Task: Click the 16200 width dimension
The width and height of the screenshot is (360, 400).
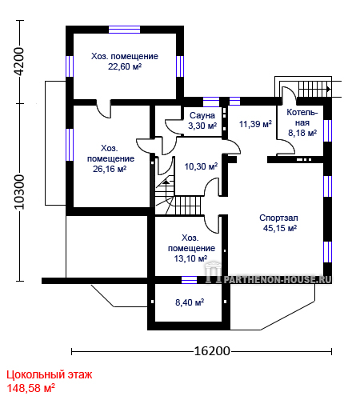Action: click(212, 351)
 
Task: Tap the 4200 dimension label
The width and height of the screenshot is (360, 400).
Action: click(19, 62)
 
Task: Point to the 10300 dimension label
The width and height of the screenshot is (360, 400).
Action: click(19, 192)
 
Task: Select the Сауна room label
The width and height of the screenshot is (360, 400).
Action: click(202, 115)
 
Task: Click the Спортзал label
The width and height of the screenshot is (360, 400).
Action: click(278, 218)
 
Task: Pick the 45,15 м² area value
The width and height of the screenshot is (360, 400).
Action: click(280, 228)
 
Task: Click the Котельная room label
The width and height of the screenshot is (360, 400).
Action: click(302, 118)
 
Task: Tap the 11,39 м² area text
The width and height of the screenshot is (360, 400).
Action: click(255, 124)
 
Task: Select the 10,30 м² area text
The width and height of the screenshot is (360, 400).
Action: click(201, 166)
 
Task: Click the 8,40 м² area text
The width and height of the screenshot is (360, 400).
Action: click(190, 302)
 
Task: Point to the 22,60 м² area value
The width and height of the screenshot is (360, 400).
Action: click(125, 66)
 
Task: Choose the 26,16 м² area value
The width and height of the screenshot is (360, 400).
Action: click(110, 169)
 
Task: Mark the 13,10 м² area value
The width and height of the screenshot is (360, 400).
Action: click(190, 258)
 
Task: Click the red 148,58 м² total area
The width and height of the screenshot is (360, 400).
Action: click(30, 388)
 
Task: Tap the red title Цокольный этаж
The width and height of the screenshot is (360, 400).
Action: click(50, 375)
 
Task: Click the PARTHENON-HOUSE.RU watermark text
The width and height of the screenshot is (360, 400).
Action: click(278, 279)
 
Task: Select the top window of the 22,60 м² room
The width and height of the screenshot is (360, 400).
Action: click(124, 30)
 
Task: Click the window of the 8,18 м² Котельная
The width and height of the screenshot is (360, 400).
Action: click(327, 130)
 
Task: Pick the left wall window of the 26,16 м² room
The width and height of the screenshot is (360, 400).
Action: click(70, 145)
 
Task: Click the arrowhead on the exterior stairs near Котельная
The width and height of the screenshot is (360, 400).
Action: click(329, 89)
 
